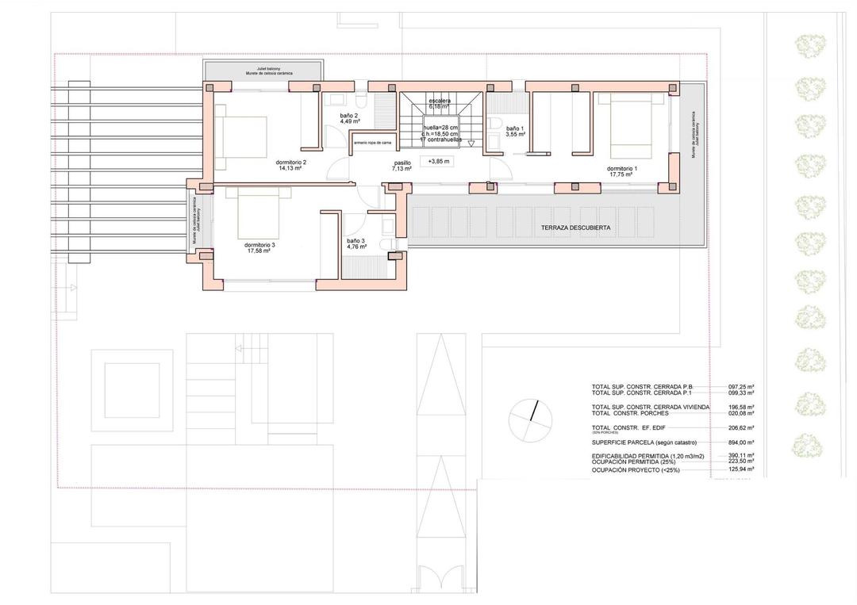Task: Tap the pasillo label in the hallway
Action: [402, 165]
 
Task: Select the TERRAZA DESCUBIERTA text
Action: [575, 228]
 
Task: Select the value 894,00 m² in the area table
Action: [741, 442]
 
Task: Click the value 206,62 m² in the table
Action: [741, 427]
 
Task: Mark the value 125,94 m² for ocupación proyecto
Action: [741, 469]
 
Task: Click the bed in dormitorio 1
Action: [631, 127]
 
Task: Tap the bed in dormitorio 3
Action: [259, 214]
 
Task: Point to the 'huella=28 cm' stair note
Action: [440, 127]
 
